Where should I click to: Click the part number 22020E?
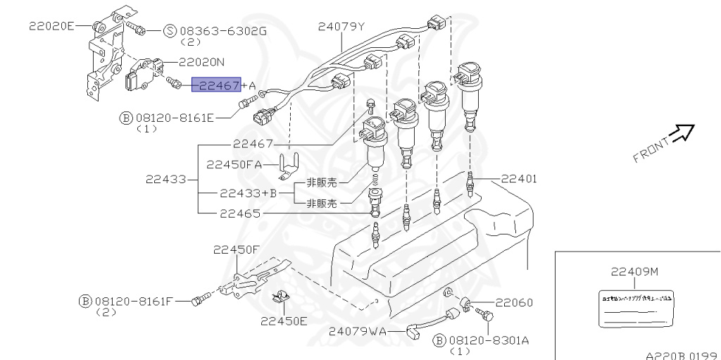coord(51,26)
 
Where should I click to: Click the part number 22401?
coord(519,179)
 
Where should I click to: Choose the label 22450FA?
coord(234,164)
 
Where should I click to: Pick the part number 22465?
coord(239,212)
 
